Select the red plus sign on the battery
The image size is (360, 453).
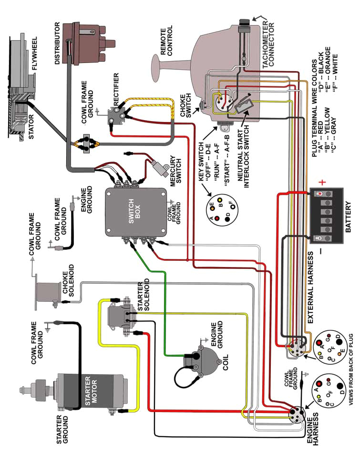point(322,182)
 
